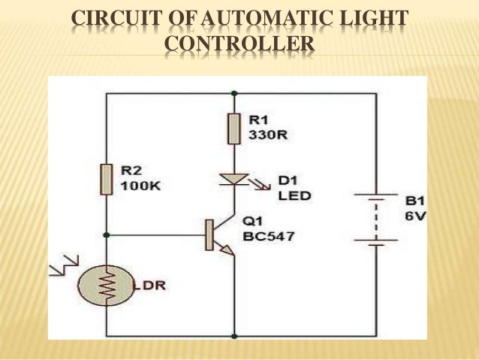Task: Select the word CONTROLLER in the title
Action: pyautogui.click(x=239, y=47)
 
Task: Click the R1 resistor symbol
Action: pyautogui.click(x=234, y=129)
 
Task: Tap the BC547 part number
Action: pyautogui.click(x=268, y=236)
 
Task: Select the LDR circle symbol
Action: pyautogui.click(x=107, y=283)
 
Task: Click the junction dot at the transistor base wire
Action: pyautogui.click(x=107, y=234)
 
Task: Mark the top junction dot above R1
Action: pyautogui.click(x=234, y=94)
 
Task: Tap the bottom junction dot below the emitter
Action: pyautogui.click(x=234, y=335)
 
